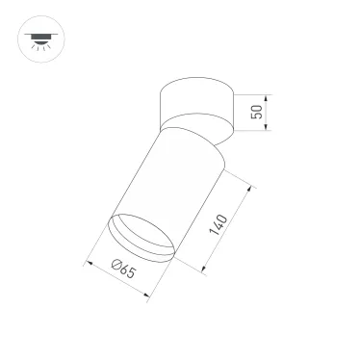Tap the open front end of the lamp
[144, 241]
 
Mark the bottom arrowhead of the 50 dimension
[271, 128]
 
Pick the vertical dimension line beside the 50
[271, 112]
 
